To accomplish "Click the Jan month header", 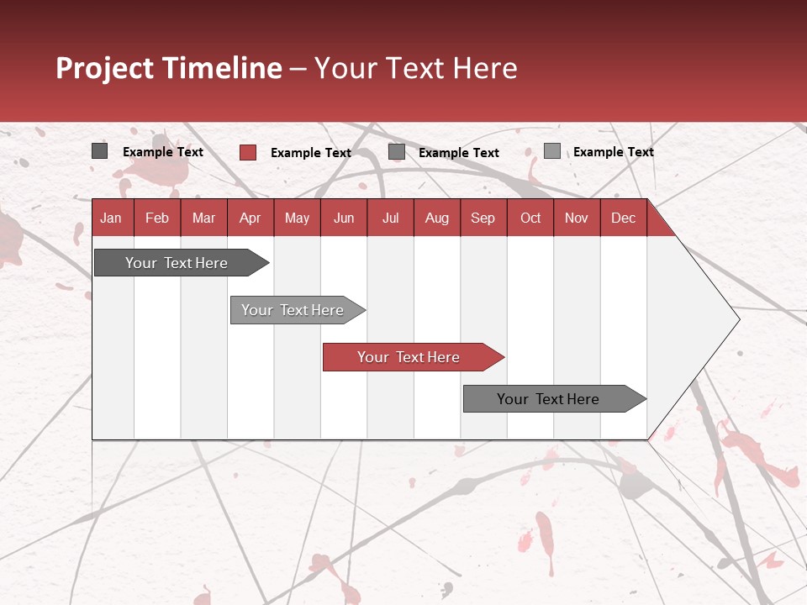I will point(111,218).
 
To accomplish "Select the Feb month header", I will point(157,218).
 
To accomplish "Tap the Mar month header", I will point(203,218).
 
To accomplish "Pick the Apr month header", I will point(251,218).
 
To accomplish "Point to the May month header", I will point(297,218).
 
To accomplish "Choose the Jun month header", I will point(344,218).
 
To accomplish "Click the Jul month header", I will point(390,218).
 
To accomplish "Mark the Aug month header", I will point(437,218).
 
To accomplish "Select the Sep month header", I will point(483,218).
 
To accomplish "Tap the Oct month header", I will point(530,218).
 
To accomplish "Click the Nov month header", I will point(577,218).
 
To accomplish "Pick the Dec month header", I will point(624,218).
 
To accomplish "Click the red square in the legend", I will point(248,152).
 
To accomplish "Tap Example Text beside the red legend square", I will point(311,153).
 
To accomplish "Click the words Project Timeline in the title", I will point(169,68).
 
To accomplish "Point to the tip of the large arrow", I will point(737,319).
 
